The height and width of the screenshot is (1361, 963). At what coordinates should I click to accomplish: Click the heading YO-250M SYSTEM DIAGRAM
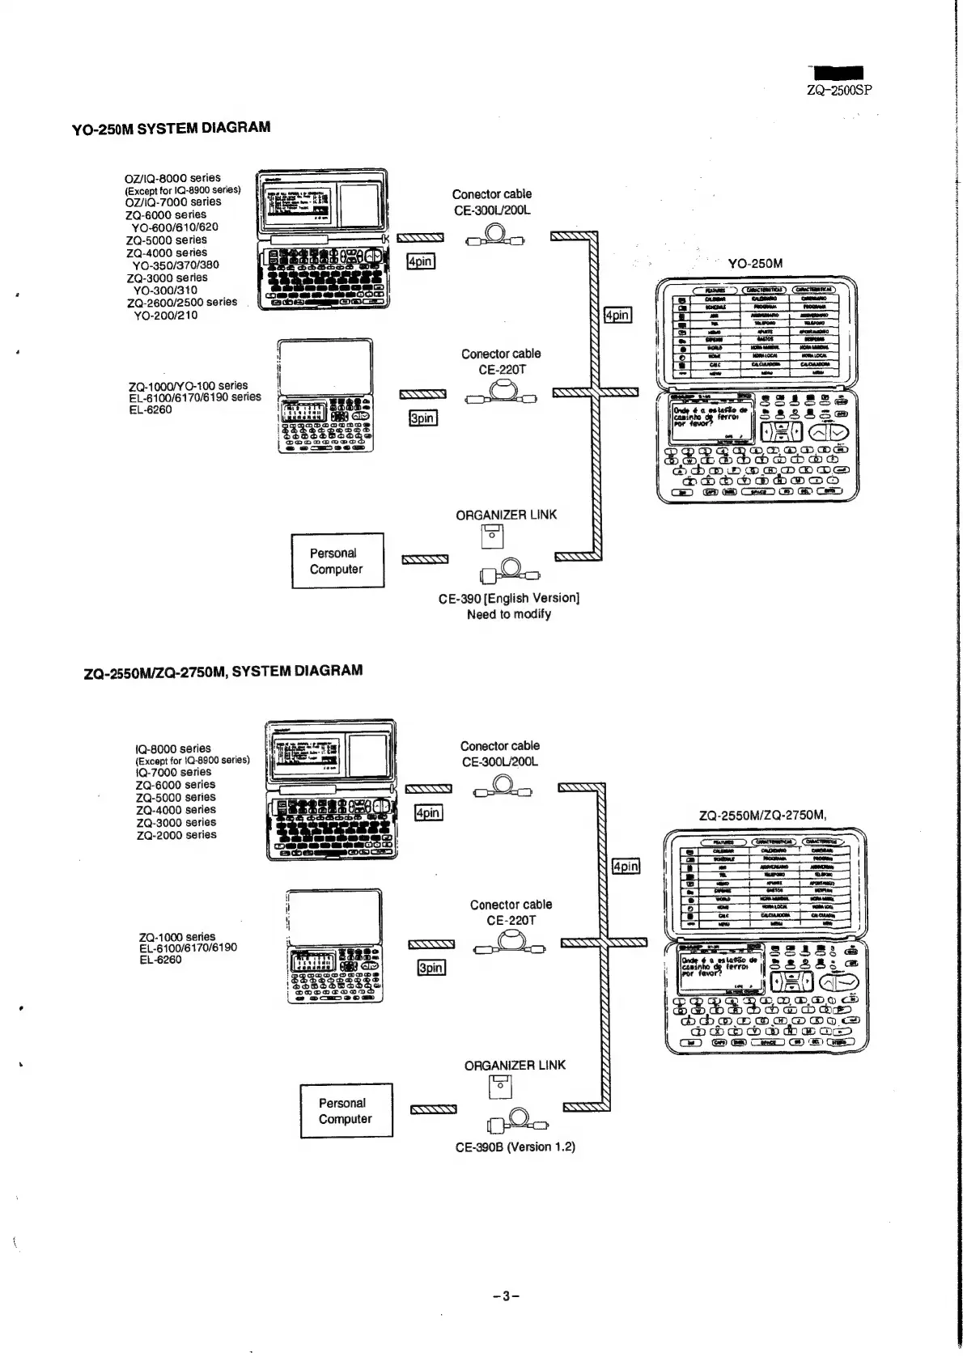coord(171,128)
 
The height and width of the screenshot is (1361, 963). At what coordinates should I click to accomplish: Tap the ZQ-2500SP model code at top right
coord(839,91)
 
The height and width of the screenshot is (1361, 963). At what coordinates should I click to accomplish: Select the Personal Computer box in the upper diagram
coord(337,561)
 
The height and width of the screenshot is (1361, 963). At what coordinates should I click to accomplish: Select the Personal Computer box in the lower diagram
coord(346,1111)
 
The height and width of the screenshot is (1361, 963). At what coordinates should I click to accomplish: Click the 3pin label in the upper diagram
coord(422,418)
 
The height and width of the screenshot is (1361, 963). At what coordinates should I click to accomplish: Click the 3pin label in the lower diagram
coord(431,968)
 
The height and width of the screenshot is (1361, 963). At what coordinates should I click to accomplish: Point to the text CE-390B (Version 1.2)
coord(515,1147)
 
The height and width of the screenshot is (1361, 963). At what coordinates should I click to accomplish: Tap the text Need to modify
coord(508,615)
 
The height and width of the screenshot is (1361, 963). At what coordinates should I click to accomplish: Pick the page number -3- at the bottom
coord(505,1296)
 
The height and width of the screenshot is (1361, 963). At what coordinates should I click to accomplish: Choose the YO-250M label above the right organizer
coord(755,264)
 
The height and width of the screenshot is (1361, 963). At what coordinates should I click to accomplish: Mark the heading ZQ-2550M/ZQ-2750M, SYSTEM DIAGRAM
coord(223,672)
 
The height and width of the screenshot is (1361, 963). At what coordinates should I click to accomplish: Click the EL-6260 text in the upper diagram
coord(151,410)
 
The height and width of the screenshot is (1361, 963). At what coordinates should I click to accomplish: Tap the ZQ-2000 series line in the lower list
coord(176,835)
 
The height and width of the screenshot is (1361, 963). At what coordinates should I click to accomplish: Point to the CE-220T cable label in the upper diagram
coord(502,370)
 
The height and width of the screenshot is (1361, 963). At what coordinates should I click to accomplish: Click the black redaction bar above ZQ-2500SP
coord(838,74)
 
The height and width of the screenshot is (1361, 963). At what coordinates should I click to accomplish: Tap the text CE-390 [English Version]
coord(508,599)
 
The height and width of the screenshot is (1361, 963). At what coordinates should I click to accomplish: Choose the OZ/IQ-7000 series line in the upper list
coord(173,202)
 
